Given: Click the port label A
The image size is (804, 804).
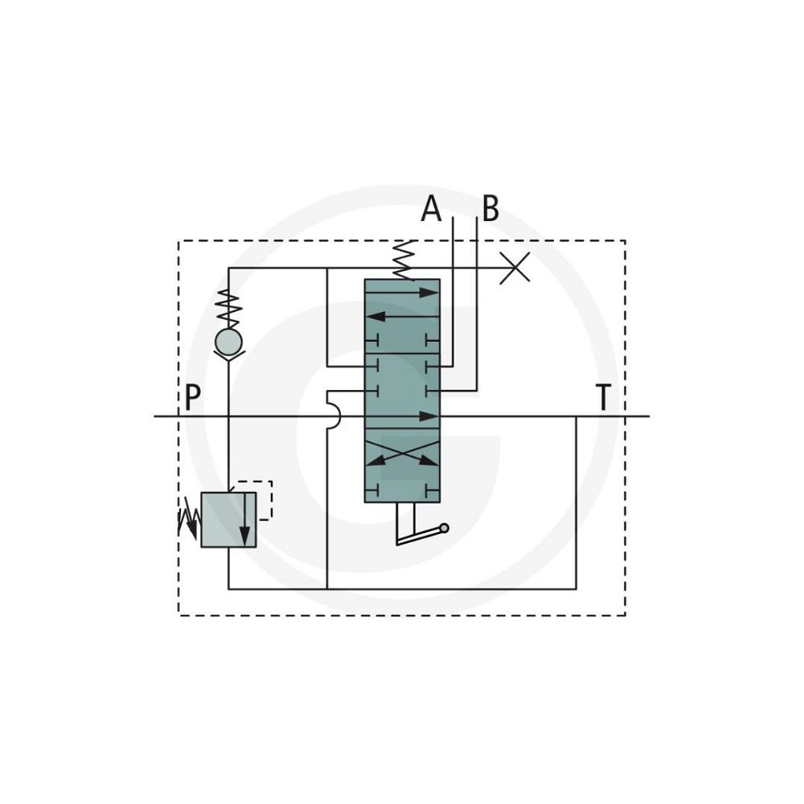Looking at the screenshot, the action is tap(431, 209).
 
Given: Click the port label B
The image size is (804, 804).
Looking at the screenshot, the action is tap(490, 209).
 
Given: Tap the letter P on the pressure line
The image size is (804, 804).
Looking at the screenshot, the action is tap(192, 397).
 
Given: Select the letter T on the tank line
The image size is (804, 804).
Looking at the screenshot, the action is tap(604, 397).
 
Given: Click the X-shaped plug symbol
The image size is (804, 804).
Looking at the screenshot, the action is tap(515, 269).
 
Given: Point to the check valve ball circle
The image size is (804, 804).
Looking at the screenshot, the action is tap(228, 342).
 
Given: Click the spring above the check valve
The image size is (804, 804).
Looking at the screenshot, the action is tap(228, 309).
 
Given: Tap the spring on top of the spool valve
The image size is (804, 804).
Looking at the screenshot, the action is tap(404, 260).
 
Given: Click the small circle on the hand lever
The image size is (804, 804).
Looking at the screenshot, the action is tap(444, 528).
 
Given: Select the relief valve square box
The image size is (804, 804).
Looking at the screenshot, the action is tap(228, 520).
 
